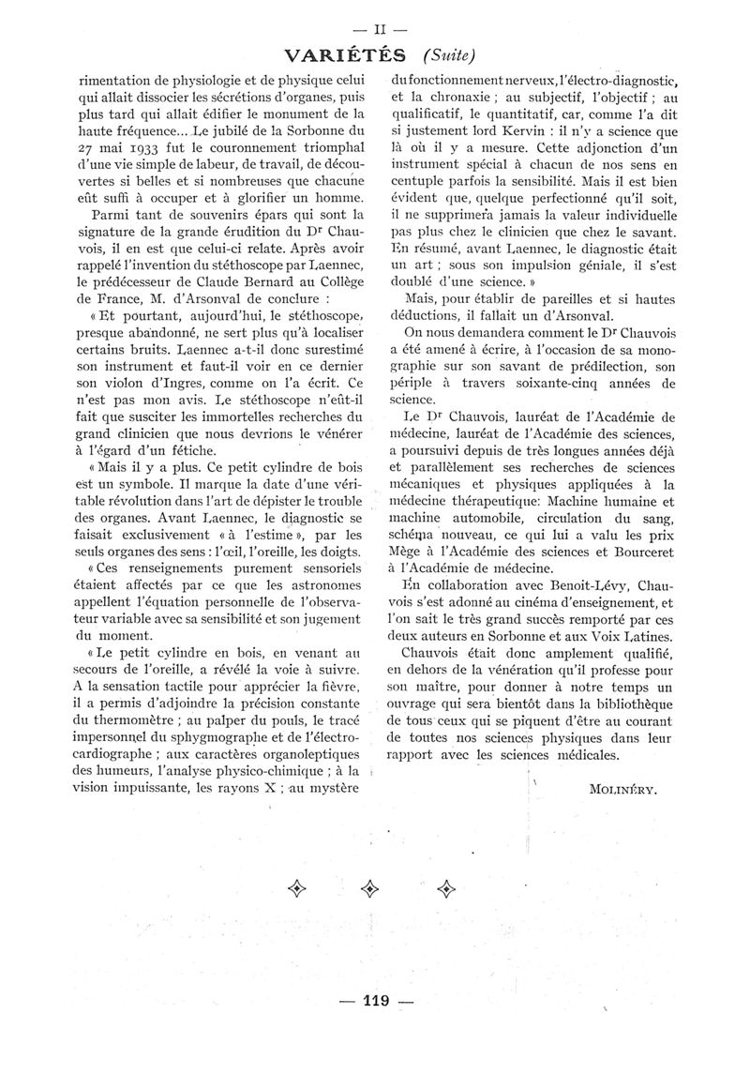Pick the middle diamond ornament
(374, 887)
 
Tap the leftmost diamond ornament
(298, 887)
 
